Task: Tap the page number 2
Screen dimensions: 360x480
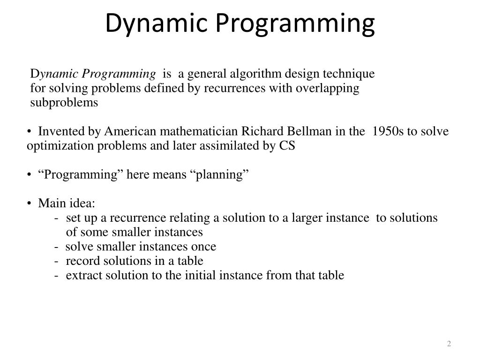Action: pyautogui.click(x=449, y=344)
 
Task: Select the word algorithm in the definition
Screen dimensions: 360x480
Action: pyautogui.click(x=257, y=74)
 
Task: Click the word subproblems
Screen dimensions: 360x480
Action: pyautogui.click(x=64, y=103)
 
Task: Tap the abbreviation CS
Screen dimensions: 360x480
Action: pyautogui.click(x=287, y=146)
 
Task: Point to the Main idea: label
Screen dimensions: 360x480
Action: pyautogui.click(x=66, y=203)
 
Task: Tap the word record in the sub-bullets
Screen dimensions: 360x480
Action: pyautogui.click(x=80, y=261)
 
